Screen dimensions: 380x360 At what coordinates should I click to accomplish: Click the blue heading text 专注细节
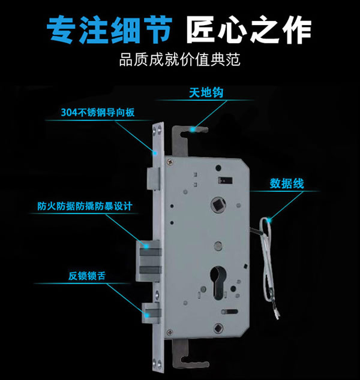[x=110, y=31]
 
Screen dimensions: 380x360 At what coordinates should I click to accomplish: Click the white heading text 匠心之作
[x=248, y=31]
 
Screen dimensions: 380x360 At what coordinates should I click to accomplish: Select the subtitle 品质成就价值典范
[x=179, y=61]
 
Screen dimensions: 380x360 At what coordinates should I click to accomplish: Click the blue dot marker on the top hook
[x=193, y=128]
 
